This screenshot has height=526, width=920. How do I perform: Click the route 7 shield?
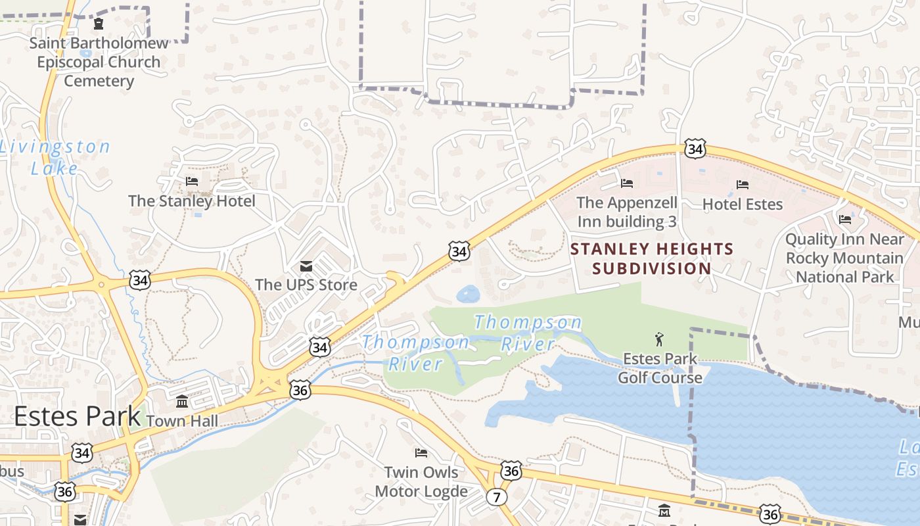(496, 497)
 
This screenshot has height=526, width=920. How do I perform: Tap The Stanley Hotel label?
(192, 201)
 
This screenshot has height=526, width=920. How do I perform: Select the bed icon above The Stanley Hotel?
(192, 181)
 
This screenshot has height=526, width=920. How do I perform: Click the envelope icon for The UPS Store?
(306, 266)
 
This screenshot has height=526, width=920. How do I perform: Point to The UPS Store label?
(306, 285)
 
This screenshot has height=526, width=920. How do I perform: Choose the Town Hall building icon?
(182, 401)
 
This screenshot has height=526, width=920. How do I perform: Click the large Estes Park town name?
(77, 416)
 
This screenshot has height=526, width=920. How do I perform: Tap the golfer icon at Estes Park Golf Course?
(660, 339)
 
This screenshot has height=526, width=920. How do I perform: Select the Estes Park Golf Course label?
(660, 368)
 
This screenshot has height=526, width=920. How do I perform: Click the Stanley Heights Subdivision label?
(652, 258)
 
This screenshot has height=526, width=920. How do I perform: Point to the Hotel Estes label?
(743, 204)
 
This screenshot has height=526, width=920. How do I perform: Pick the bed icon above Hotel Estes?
(743, 185)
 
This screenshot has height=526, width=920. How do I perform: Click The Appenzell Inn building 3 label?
(626, 212)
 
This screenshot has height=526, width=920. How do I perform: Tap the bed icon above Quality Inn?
(845, 219)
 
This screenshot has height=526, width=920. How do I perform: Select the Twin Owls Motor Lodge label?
(421, 481)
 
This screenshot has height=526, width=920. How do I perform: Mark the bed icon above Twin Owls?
(421, 452)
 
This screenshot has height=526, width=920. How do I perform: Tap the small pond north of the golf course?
(469, 293)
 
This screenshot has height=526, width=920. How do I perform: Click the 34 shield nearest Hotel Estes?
(695, 149)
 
